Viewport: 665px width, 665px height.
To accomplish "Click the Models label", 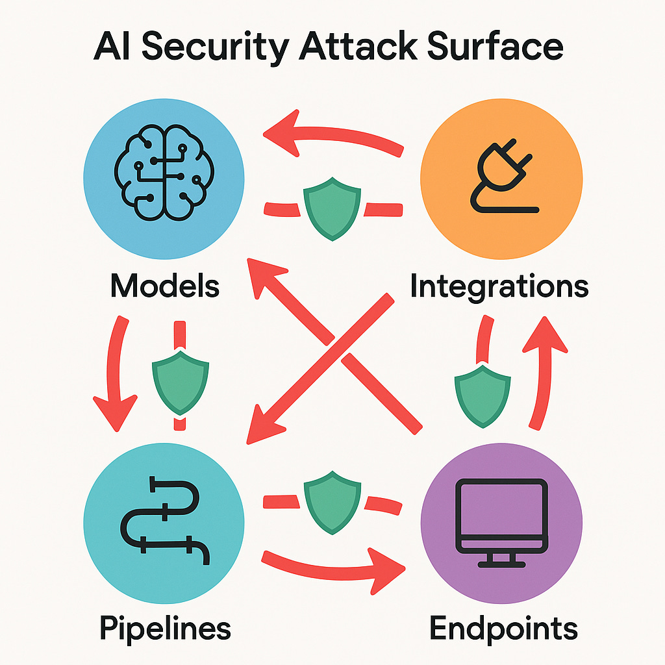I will click(x=165, y=285).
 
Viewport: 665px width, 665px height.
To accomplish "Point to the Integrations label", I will click(x=499, y=286).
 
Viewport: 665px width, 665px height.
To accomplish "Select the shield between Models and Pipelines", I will click(x=180, y=383).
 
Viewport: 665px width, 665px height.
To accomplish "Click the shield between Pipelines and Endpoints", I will click(x=332, y=501).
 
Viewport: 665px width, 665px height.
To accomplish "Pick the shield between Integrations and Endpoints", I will click(x=482, y=394).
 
